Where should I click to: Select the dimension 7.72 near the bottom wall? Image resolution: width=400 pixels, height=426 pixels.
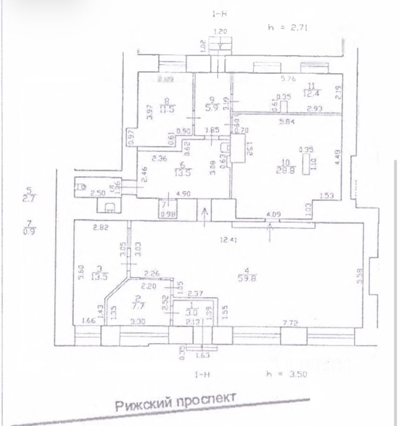[292, 320]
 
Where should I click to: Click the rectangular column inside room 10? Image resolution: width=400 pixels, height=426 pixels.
[306, 165]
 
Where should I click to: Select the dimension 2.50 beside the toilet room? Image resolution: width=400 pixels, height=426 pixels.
[98, 193]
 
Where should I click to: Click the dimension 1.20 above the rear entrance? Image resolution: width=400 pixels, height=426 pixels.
[220, 32]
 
